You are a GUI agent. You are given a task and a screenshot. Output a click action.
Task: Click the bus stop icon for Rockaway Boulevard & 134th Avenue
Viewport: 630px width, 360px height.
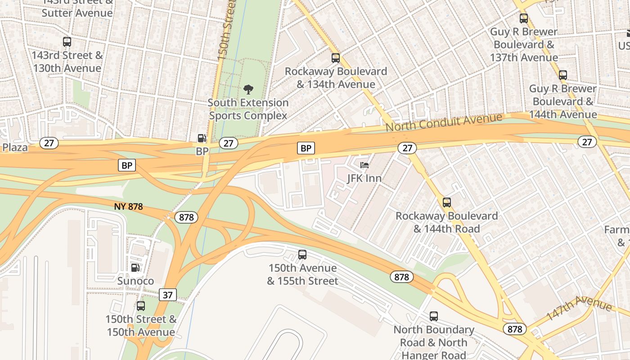pyautogui.click(x=336, y=58)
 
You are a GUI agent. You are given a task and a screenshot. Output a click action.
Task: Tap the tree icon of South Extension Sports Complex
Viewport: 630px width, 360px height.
pyautogui.click(x=248, y=89)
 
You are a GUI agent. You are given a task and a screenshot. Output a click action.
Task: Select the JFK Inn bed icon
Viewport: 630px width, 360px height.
pyautogui.click(x=364, y=165)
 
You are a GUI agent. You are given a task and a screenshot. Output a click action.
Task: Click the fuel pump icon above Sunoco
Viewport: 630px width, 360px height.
pyautogui.click(x=135, y=268)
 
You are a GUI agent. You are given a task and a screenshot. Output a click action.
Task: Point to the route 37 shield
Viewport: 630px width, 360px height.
pyautogui.click(x=167, y=295)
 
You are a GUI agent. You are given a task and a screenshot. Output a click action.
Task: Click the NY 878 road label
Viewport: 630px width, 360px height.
pyautogui.click(x=129, y=207)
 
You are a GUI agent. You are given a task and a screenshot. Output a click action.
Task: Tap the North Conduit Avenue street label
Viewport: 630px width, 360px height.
pyautogui.click(x=444, y=122)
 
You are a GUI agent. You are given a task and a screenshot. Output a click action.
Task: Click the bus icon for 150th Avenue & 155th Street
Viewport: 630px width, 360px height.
pyautogui.click(x=302, y=255)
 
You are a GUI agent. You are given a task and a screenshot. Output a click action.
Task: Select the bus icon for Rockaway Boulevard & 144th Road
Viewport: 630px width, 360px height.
pyautogui.click(x=447, y=202)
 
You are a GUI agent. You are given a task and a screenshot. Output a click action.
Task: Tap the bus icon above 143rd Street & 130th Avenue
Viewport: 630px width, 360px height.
pyautogui.click(x=67, y=42)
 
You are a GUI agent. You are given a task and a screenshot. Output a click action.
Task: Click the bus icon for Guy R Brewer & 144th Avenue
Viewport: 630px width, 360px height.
pyautogui.click(x=562, y=75)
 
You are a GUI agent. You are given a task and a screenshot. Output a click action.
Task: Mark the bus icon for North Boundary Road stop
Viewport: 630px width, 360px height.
pyautogui.click(x=434, y=316)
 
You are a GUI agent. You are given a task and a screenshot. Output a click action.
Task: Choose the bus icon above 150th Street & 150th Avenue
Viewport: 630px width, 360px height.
pyautogui.click(x=141, y=306)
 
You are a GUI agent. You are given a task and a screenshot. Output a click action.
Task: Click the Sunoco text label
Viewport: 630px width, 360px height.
pyautogui.click(x=135, y=281)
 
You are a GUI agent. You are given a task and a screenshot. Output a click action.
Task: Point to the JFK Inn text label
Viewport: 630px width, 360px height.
pyautogui.click(x=364, y=178)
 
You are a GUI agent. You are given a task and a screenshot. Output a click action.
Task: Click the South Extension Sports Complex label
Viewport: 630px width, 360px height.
pyautogui.click(x=248, y=109)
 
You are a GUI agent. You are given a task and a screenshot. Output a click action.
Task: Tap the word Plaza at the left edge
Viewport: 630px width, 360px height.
pyautogui.click(x=15, y=147)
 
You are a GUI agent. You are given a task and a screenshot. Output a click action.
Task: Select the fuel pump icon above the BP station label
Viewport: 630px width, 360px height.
pyautogui.click(x=202, y=138)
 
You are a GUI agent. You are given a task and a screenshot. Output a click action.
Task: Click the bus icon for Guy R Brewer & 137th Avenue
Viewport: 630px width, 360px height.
pyautogui.click(x=524, y=18)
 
